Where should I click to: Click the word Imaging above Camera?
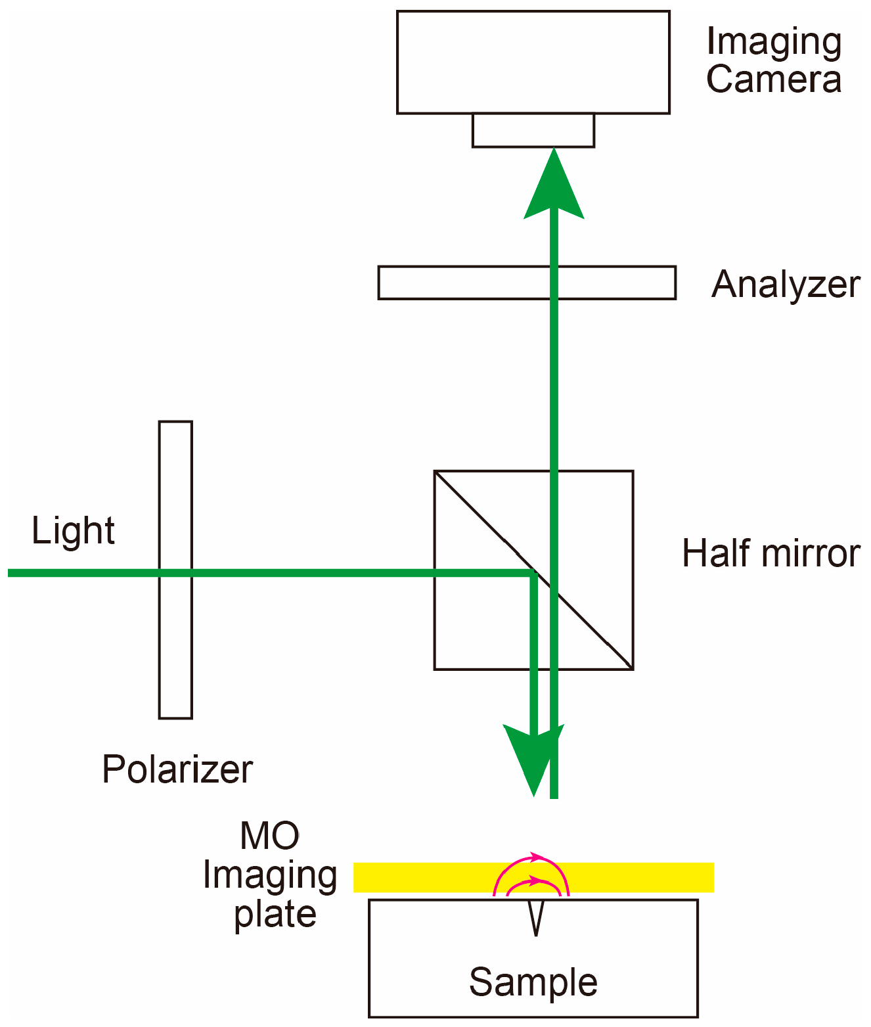(774, 43)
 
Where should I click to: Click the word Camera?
(774, 80)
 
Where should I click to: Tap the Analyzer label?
(786, 285)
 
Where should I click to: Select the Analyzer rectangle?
(460, 283)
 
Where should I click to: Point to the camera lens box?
(533, 130)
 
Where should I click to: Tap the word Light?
(73, 531)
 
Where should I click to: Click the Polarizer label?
(177, 769)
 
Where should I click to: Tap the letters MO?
(270, 836)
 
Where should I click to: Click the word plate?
(275, 914)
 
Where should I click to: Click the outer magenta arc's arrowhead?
(539, 857)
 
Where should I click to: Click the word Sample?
(533, 982)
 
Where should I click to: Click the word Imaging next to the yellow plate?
(270, 876)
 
